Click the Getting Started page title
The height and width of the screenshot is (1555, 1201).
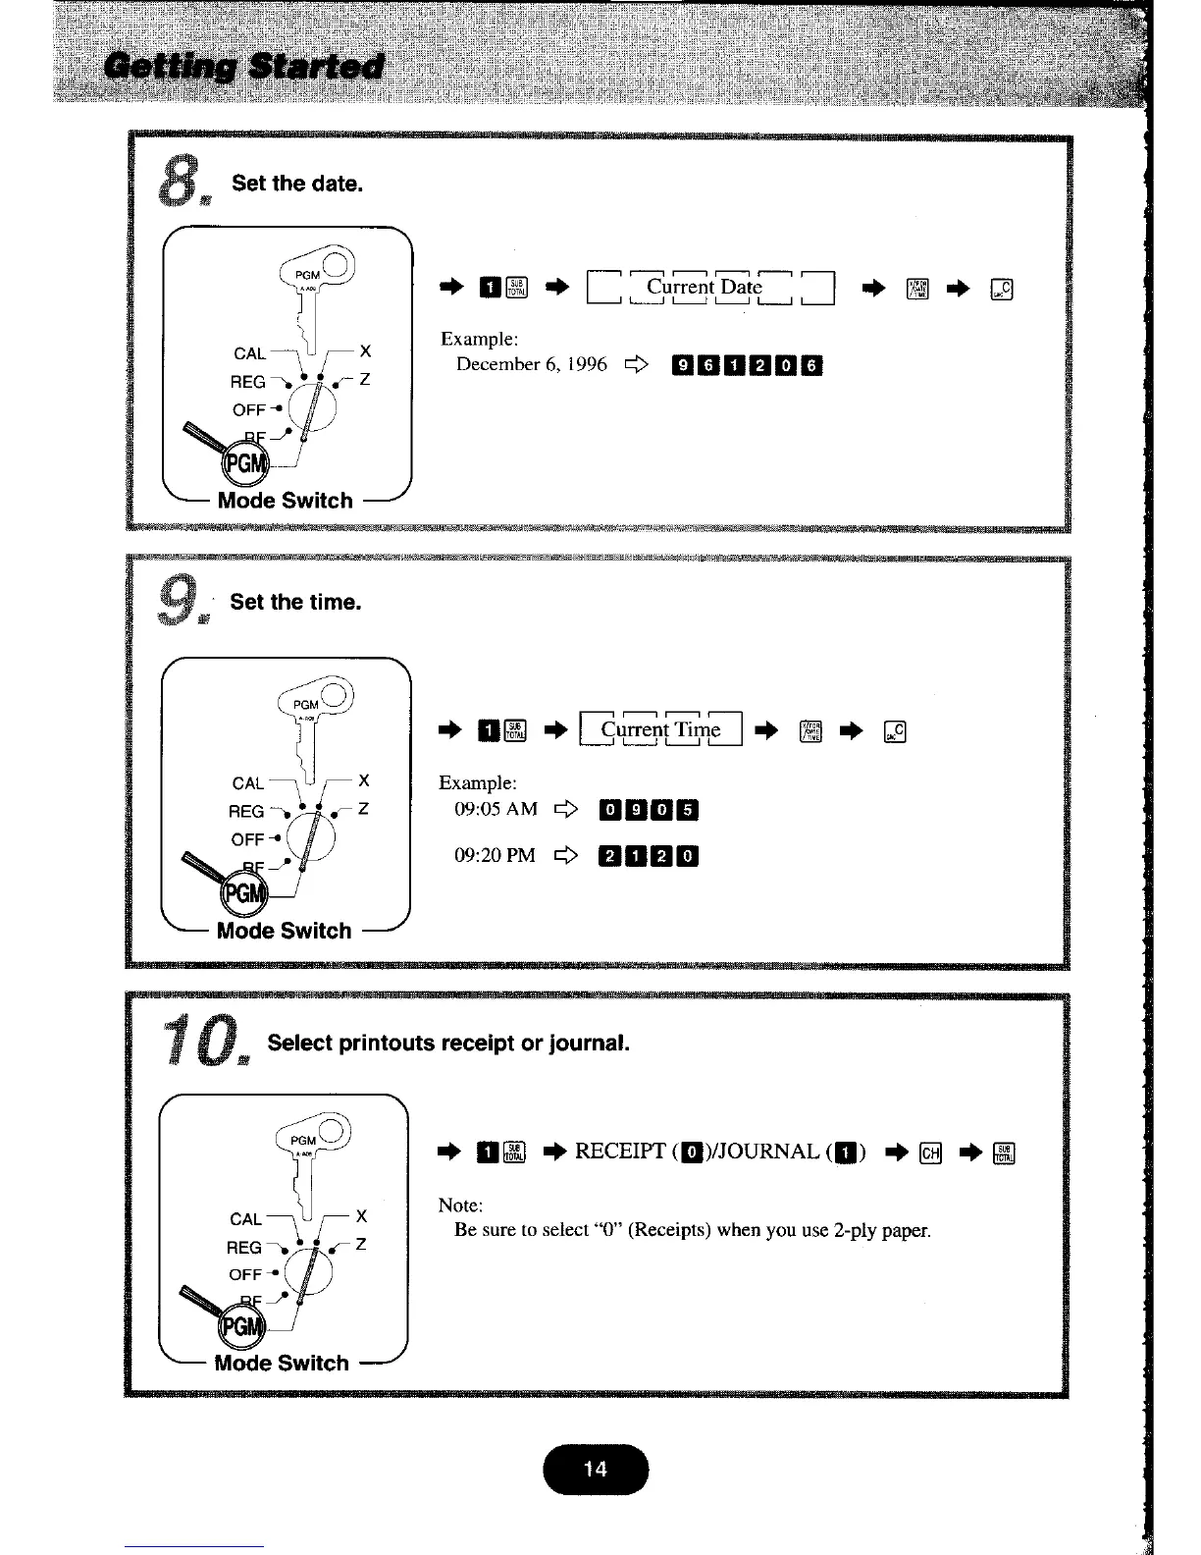(246, 68)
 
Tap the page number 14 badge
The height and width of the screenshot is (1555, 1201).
(595, 1469)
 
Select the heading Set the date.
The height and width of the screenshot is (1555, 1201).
(297, 184)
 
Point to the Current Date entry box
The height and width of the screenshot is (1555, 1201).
(709, 288)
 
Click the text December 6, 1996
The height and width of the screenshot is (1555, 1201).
(532, 365)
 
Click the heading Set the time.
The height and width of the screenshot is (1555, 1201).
(295, 602)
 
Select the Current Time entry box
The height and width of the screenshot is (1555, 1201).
(661, 729)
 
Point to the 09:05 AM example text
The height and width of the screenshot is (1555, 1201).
(496, 809)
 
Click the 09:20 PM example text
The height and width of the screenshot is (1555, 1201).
(495, 855)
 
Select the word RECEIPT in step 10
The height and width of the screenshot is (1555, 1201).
(620, 1152)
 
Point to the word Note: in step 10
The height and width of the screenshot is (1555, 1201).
(460, 1206)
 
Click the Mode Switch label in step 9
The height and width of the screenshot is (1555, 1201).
(284, 931)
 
